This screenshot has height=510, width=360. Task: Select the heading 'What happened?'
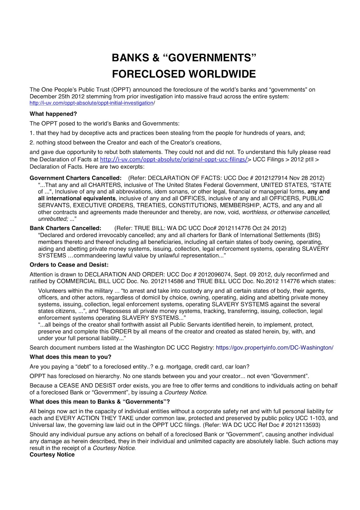coord(53,114)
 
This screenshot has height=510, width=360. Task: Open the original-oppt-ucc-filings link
coord(174,159)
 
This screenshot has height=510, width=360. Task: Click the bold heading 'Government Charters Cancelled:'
coord(76,178)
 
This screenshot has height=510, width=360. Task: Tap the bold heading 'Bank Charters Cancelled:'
coord(65,228)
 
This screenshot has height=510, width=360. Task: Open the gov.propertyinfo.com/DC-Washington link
coord(274,348)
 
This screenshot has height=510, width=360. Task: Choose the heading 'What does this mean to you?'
coord(70,357)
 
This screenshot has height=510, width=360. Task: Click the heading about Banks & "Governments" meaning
coord(99,402)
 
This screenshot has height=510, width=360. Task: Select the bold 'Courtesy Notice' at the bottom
coord(52,455)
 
